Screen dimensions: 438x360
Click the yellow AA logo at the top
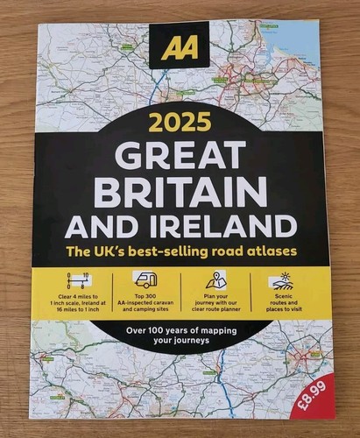(x=180, y=46)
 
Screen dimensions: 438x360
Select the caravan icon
(x=145, y=279)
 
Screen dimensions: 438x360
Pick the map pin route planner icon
(x=215, y=279)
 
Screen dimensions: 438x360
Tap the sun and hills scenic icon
(x=283, y=280)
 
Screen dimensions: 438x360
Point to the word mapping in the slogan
(x=231, y=330)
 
